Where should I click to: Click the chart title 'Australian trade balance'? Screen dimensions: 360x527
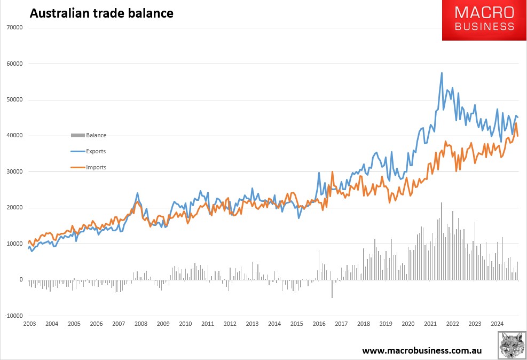(x=101, y=13)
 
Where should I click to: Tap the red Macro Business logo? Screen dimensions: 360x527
(x=484, y=20)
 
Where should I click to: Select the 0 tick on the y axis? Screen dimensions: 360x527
(x=21, y=280)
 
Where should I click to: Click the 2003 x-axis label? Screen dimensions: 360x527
(x=29, y=324)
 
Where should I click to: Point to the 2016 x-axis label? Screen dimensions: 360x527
(x=319, y=324)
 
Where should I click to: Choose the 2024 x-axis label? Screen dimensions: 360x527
(x=497, y=324)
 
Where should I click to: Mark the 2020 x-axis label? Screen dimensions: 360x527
(x=408, y=324)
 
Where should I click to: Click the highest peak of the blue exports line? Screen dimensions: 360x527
(x=442, y=73)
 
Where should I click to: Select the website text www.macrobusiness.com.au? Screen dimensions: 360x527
(x=422, y=350)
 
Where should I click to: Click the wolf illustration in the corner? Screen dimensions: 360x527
(x=512, y=345)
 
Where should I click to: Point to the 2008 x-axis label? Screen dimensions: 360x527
(x=141, y=324)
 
